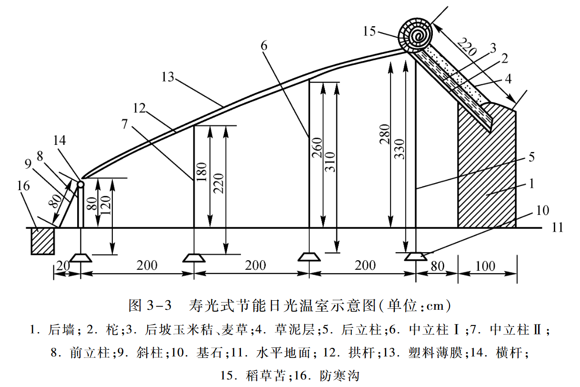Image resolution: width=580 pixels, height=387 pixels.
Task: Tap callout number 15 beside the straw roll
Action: point(369,31)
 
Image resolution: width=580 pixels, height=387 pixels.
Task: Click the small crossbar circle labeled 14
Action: point(80,184)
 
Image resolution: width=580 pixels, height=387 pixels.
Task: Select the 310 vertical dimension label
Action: point(331,163)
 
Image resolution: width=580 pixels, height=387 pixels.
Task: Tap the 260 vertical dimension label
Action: point(317,148)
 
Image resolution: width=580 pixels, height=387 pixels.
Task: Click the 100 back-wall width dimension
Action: point(485,266)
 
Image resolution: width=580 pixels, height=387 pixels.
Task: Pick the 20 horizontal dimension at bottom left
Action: point(60,266)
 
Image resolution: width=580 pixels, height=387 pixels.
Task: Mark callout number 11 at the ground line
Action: point(558,228)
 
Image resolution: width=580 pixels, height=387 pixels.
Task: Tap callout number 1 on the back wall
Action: point(533,183)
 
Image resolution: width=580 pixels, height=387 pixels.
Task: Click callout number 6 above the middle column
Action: point(264,45)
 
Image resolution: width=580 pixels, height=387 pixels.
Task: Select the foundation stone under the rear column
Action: point(415,257)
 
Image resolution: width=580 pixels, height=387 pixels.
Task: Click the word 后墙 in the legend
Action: point(61,329)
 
